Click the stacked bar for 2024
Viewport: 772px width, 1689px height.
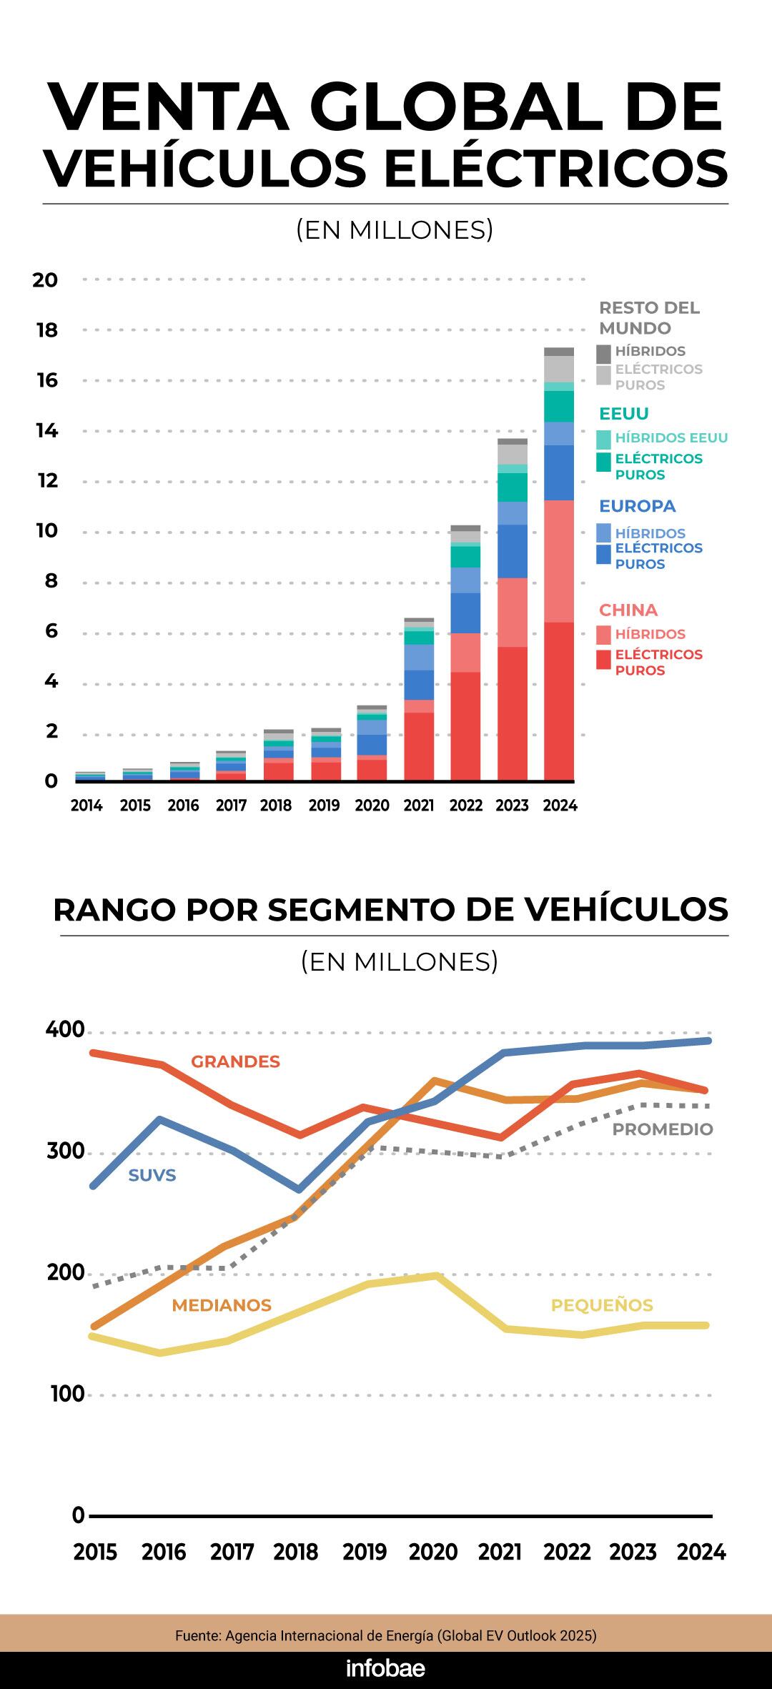pyautogui.click(x=559, y=565)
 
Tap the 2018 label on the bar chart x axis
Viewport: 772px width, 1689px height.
pyautogui.click(x=276, y=806)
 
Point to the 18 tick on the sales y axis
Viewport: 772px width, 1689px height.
pyautogui.click(x=46, y=330)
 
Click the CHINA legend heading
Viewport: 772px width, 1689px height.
pyautogui.click(x=628, y=610)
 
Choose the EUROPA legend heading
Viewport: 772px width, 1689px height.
pyautogui.click(x=637, y=506)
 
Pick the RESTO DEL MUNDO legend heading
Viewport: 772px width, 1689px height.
pyautogui.click(x=649, y=318)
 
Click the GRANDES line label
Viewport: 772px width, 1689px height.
pyautogui.click(x=235, y=1061)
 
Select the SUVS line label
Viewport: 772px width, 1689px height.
pyautogui.click(x=152, y=1175)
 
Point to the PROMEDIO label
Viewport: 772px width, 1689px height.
pyautogui.click(x=663, y=1129)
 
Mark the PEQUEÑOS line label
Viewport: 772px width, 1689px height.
pyautogui.click(x=602, y=1305)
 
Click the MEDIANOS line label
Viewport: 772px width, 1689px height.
pyautogui.click(x=222, y=1305)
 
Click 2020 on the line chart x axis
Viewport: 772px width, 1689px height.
pyautogui.click(x=432, y=1552)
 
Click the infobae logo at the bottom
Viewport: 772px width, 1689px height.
pyautogui.click(x=385, y=1668)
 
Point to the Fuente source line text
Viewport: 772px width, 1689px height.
pyautogui.click(x=385, y=1635)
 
